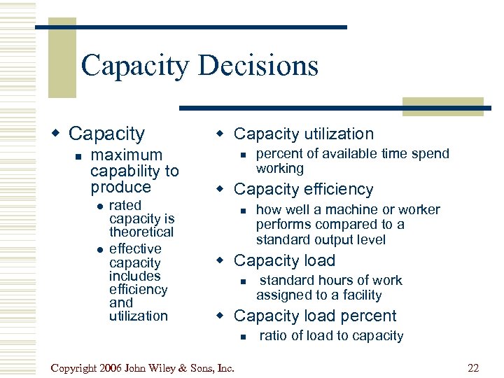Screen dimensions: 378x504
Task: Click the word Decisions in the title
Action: tap(258, 66)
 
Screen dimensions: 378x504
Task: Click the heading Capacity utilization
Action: tap(304, 134)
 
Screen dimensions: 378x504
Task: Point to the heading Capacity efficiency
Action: tap(304, 189)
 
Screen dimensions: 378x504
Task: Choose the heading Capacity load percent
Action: tap(315, 316)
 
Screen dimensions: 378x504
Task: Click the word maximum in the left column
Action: tap(127, 155)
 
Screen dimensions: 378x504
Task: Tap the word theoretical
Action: tap(141, 232)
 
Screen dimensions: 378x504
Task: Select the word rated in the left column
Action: tap(125, 205)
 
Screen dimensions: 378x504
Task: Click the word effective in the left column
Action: tap(135, 248)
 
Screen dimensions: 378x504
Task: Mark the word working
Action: tap(280, 169)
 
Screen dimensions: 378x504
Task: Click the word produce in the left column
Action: tap(120, 187)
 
